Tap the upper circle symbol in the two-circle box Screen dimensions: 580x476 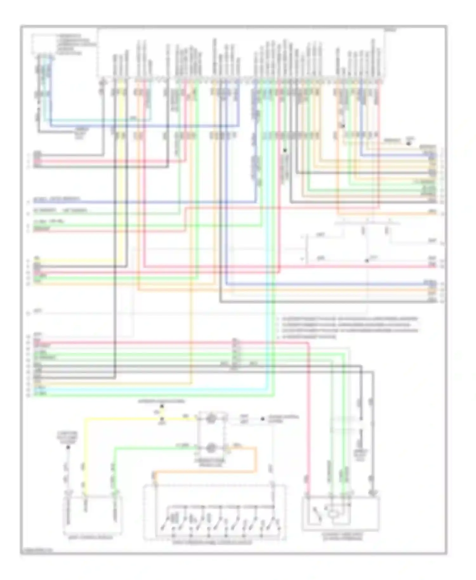point(210,419)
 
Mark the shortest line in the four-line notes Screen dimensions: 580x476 point(308,337)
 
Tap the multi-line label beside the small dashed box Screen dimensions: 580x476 point(76,44)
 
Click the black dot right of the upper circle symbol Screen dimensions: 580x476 point(263,419)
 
